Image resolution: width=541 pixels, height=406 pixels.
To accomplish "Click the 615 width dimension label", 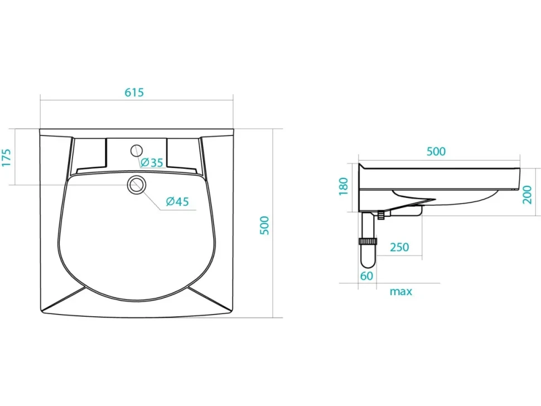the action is (134, 93).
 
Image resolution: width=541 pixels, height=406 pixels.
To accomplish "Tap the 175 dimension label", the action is (7, 158).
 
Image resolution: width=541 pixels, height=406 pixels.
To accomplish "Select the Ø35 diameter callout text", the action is (152, 162).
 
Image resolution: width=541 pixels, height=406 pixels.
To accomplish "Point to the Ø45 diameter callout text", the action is (177, 201).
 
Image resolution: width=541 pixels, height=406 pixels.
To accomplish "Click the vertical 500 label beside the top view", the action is (264, 225).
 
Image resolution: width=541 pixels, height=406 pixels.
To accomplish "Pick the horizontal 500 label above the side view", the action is (436, 152).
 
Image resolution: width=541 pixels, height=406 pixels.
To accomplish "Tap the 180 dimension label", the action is (344, 186).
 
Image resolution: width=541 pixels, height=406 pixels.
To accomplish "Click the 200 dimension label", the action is (527, 195).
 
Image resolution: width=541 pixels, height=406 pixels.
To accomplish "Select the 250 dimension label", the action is (399, 247).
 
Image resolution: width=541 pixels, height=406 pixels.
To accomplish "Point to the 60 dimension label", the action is (366, 276).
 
